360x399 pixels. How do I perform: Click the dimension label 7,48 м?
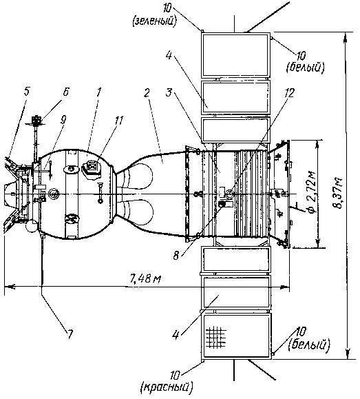coord(145,279)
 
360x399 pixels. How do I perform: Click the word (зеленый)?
coord(154,21)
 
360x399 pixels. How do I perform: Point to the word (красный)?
coord(167,387)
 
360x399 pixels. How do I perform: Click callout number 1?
coord(98,92)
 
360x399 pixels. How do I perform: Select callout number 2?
coord(147,92)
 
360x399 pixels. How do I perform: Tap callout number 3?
coord(169,92)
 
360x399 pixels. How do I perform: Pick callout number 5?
coord(27,92)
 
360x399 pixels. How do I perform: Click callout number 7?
coord(70,334)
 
